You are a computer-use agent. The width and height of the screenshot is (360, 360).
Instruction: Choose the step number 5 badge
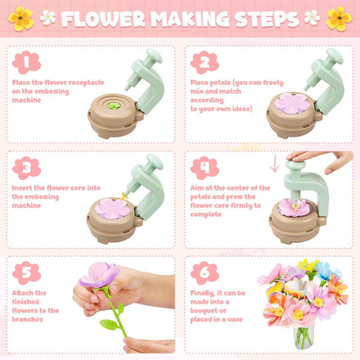point(26,272)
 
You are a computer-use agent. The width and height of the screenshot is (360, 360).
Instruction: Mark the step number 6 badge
point(205,272)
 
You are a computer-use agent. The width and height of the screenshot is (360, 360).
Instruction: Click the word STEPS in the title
point(267,18)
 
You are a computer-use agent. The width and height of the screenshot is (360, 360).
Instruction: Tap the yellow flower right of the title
point(338,16)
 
